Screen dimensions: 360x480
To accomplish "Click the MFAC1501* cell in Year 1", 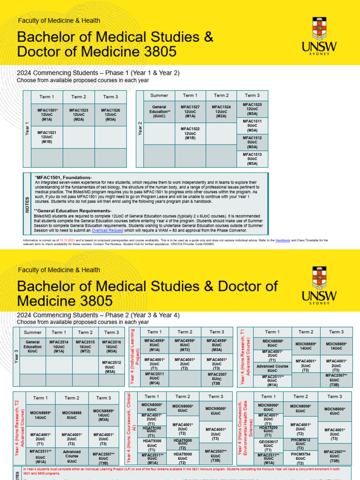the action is click(47, 115).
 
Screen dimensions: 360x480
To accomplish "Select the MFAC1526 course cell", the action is click(111, 115).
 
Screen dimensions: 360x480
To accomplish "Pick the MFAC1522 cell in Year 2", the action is click(190, 134).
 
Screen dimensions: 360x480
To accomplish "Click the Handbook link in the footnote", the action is click(283, 240).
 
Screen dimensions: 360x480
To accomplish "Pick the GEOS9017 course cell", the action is click(269, 443).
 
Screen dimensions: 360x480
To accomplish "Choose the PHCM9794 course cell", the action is click(300, 458).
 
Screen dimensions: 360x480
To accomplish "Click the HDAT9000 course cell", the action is click(183, 458).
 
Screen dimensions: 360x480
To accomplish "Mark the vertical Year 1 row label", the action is click(27, 129).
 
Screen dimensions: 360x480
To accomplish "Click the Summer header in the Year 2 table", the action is click(159, 96).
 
